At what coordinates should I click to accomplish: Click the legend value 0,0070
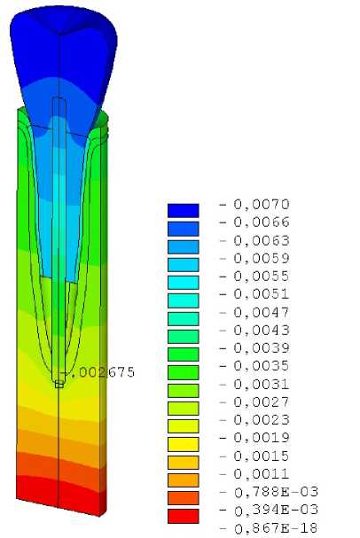click(x=262, y=205)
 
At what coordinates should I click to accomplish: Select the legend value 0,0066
click(x=262, y=222)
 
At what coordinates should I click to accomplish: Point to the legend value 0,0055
click(x=262, y=277)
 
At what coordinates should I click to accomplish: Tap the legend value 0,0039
click(x=262, y=348)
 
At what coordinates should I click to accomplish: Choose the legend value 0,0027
click(x=262, y=402)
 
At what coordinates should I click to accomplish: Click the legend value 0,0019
click(x=262, y=438)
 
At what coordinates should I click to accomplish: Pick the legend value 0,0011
click(x=262, y=474)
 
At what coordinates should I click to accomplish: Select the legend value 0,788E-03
click(x=276, y=492)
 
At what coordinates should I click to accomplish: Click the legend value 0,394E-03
click(x=276, y=510)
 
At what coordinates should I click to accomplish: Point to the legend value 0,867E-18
click(x=276, y=528)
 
